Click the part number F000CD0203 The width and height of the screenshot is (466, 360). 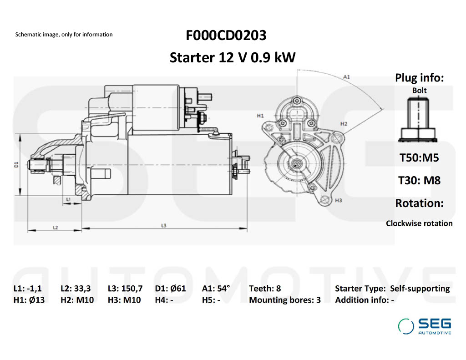tap(226, 35)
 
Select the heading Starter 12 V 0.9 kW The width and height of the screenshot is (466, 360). tap(233, 58)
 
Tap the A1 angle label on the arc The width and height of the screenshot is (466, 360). tap(346, 77)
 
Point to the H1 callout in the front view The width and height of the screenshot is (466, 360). tap(260, 116)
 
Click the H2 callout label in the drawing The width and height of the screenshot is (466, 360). tap(344, 124)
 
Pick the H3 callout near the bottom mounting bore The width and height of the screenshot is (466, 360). tap(338, 200)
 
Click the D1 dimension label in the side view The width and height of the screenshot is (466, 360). tap(16, 164)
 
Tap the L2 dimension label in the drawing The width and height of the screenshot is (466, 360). tap(55, 227)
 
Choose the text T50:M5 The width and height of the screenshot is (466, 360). tap(419, 158)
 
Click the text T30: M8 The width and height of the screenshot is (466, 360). tap(419, 180)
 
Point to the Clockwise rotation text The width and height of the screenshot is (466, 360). tap(419, 223)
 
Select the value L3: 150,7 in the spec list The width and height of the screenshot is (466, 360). tap(125, 289)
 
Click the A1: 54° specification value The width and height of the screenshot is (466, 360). tap(216, 289)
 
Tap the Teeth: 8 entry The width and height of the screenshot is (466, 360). tap(265, 289)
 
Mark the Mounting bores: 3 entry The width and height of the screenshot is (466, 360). tap(285, 300)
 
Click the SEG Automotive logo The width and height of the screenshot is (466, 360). tap(425, 326)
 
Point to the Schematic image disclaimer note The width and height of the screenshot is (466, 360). tap(64, 35)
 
